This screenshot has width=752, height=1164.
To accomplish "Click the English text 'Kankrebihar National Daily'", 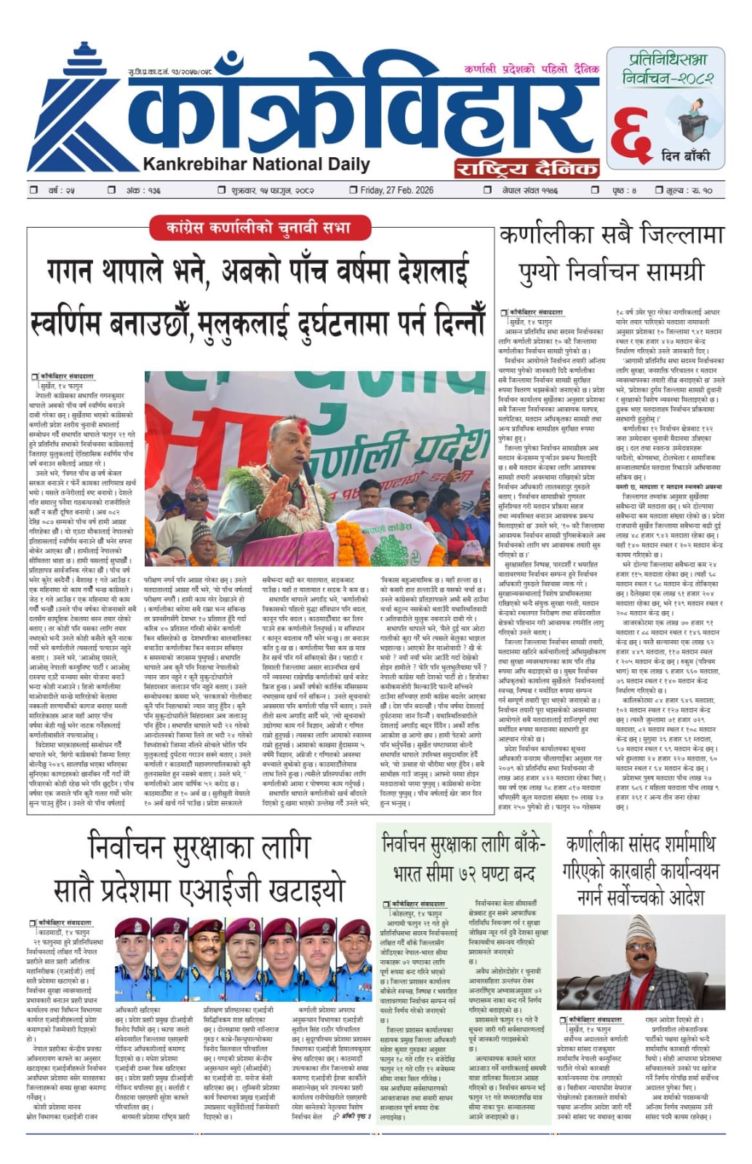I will (256, 164).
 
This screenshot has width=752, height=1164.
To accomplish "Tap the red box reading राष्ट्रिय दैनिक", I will (527, 169).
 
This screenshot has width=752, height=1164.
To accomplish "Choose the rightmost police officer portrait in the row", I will (355, 959).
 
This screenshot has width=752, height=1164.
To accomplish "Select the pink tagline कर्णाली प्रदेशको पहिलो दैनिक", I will (531, 69).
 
